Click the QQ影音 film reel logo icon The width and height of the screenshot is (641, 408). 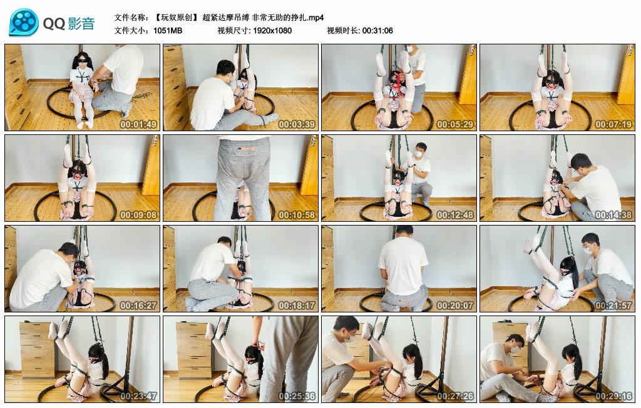pos(24,22)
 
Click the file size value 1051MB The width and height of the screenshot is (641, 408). pos(168,30)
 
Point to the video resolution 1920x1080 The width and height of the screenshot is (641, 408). pos(272,30)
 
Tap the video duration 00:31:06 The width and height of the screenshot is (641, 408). pos(377,30)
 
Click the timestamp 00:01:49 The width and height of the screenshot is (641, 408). pos(139,124)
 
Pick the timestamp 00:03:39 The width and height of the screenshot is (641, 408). pos(297,124)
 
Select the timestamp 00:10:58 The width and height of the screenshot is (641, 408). pos(297,215)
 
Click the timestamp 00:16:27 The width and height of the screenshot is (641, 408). pos(139,306)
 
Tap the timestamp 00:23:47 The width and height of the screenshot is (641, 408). pos(139,396)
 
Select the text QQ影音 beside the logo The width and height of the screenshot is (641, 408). pos(69,24)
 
